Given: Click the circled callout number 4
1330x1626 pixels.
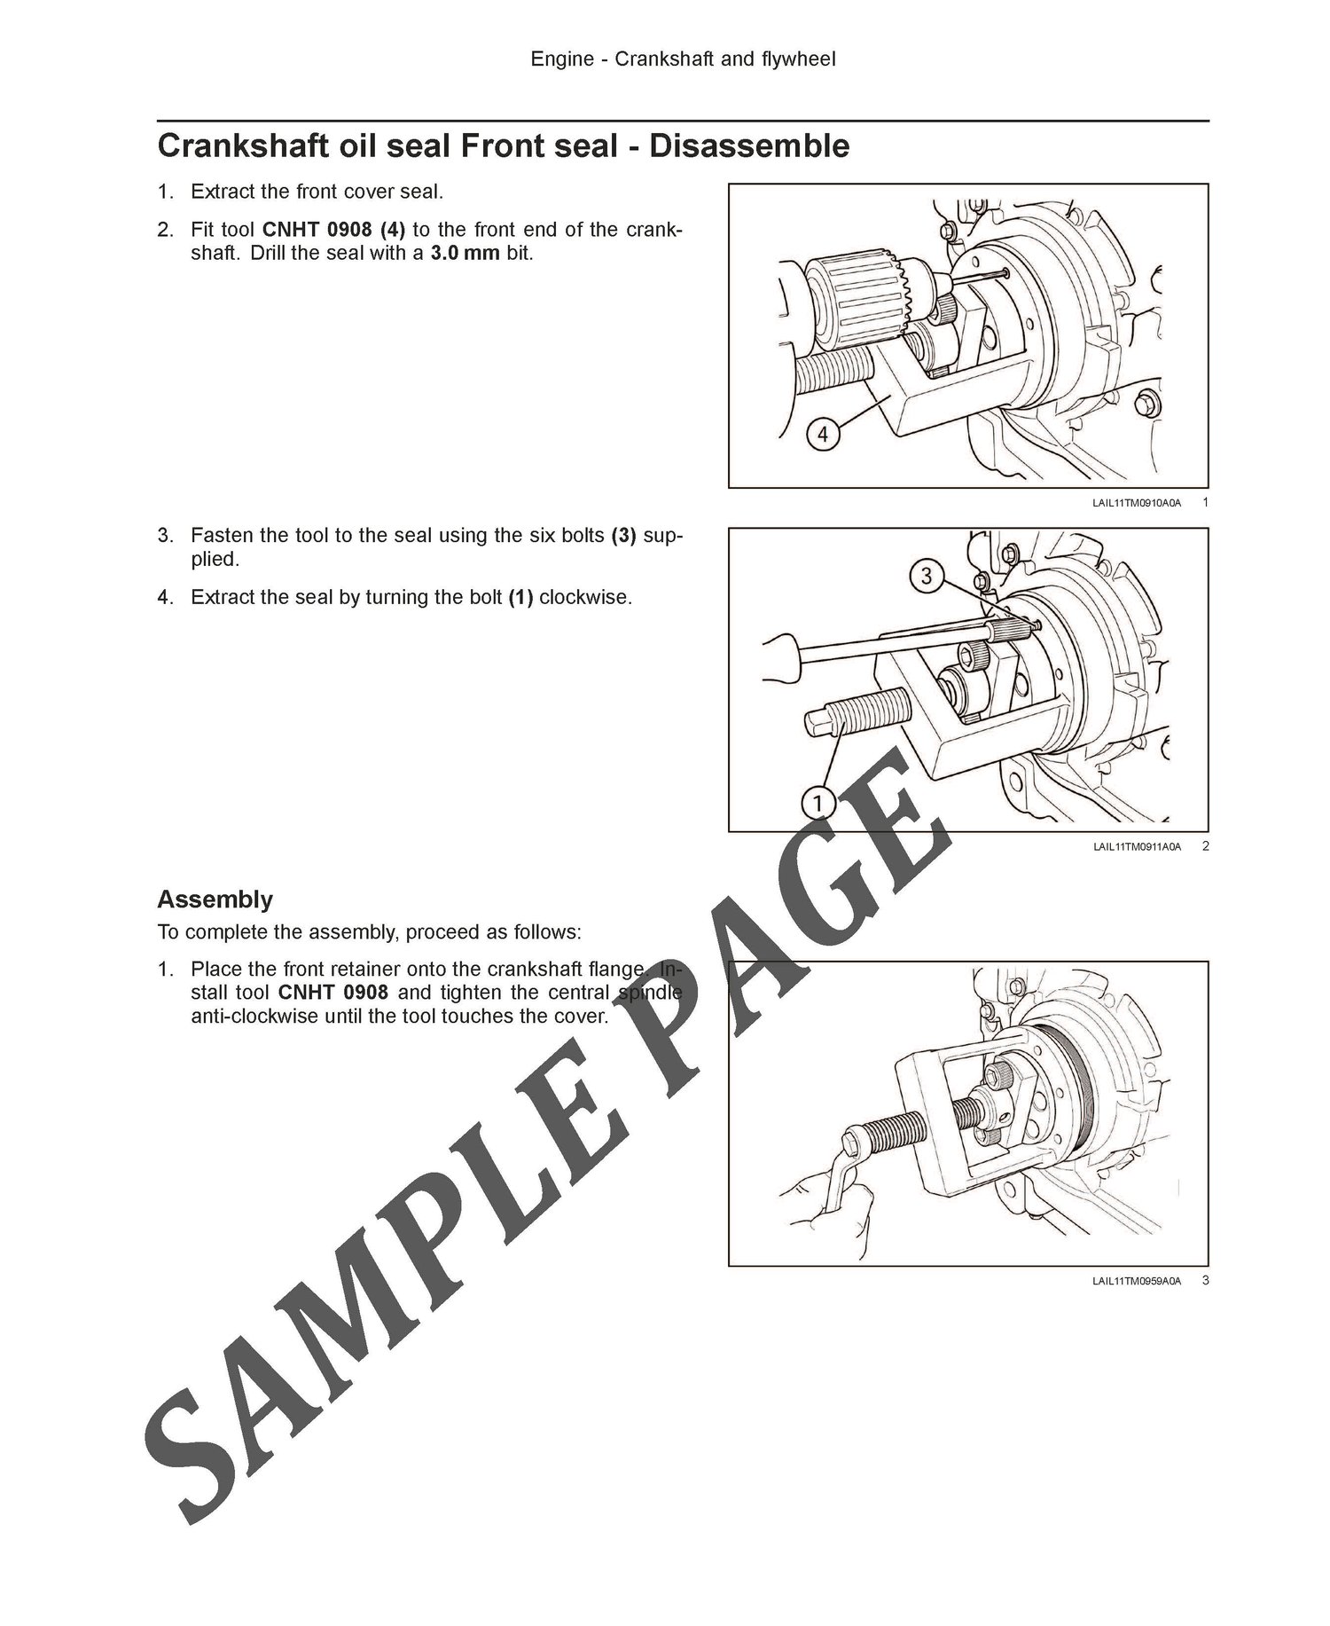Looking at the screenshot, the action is click(x=823, y=435).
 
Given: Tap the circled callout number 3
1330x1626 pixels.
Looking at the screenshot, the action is click(x=927, y=577).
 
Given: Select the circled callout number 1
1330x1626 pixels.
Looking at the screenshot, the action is click(x=818, y=804).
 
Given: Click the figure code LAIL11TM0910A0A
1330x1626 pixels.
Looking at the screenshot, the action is click(x=1137, y=503).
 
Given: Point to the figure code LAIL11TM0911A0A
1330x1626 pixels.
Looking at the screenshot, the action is click(x=1137, y=847).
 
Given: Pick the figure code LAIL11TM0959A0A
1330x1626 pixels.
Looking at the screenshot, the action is click(x=1137, y=1281).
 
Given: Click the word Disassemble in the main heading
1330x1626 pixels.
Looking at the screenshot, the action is click(x=749, y=145).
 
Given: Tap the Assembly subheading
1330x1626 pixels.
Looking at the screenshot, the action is click(x=215, y=899).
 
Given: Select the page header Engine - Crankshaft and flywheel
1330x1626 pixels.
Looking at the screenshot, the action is click(x=684, y=59).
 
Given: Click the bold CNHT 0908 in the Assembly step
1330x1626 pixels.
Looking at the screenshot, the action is click(x=333, y=993).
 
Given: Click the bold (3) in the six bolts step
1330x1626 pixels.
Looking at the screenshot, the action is click(x=624, y=536).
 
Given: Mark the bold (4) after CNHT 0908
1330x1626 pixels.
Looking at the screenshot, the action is click(x=393, y=230).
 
